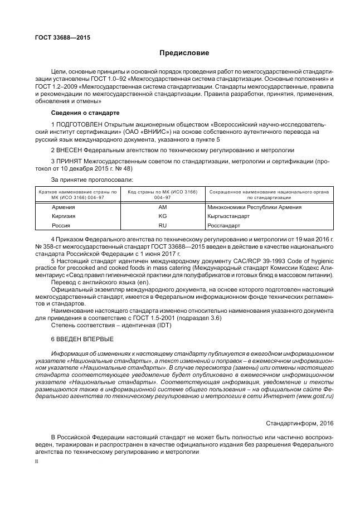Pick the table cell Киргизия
click(x=64, y=216)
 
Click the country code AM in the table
click(x=163, y=207)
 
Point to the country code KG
click(x=163, y=216)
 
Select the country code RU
click(x=163, y=226)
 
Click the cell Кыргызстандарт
click(x=230, y=216)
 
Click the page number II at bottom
click(x=37, y=462)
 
